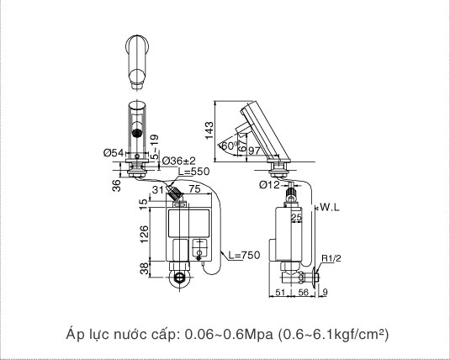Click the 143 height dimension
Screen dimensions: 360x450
210,127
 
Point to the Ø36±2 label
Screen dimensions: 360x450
178,161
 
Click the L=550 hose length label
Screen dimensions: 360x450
193,172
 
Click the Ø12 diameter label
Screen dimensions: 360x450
269,184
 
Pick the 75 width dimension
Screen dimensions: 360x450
195,190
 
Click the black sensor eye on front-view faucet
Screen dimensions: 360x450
136,132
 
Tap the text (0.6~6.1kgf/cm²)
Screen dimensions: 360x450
332,334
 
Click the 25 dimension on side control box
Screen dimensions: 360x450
296,219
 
